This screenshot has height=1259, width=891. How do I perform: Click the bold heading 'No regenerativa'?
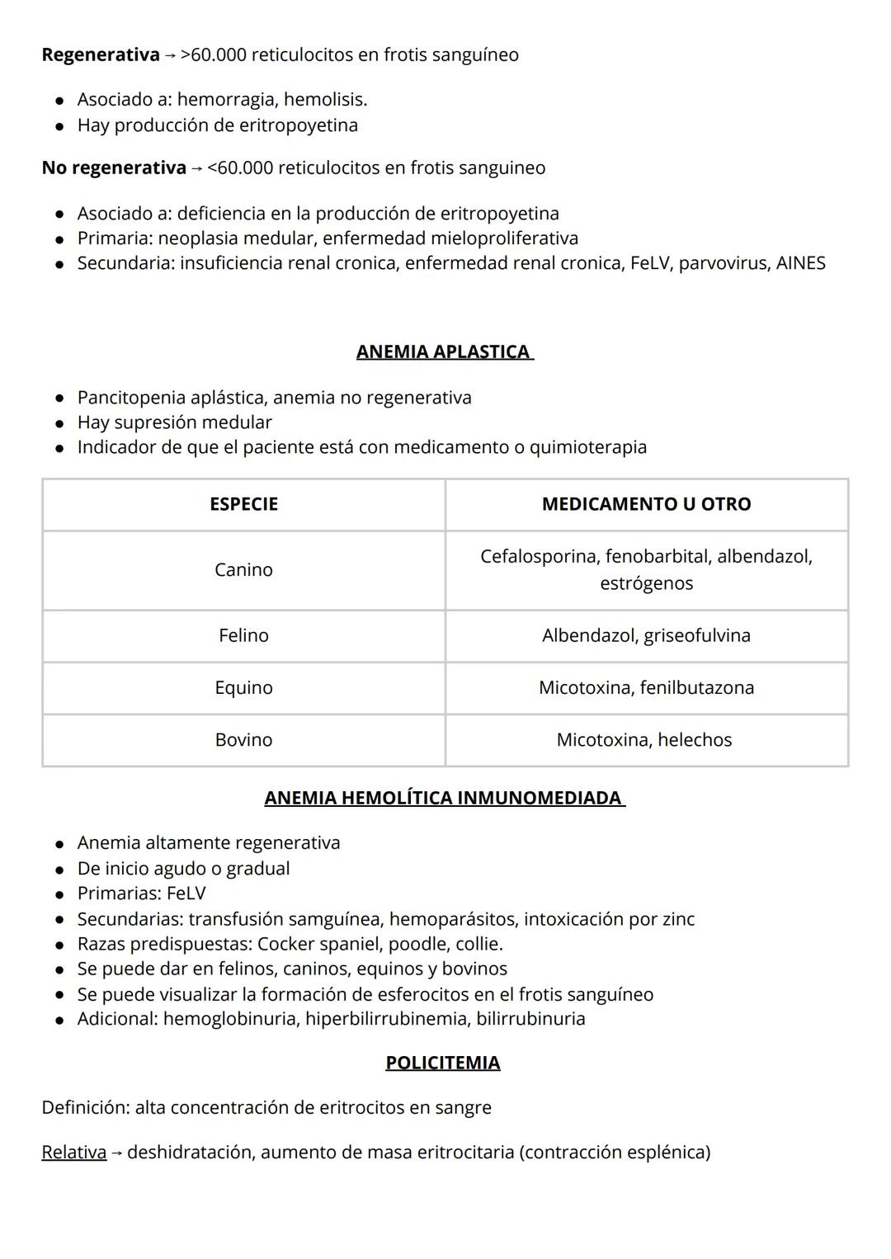(x=114, y=167)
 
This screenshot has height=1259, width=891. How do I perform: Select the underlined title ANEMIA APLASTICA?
(x=444, y=351)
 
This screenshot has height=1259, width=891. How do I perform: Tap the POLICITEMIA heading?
(x=442, y=1062)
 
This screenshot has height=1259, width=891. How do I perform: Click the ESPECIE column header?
(x=243, y=504)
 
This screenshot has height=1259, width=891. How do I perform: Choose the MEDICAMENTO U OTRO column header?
(x=646, y=504)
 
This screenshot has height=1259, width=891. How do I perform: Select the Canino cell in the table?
(x=243, y=570)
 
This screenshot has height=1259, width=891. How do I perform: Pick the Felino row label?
(x=243, y=635)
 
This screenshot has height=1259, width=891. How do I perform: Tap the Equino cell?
(x=243, y=687)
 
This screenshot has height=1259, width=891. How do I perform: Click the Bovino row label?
(x=243, y=739)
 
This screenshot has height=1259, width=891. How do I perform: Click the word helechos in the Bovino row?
(x=695, y=739)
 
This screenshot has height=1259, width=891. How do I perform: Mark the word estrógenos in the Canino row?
(x=646, y=583)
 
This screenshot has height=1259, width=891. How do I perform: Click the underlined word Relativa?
(x=73, y=1152)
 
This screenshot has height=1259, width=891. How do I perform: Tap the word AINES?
(x=800, y=263)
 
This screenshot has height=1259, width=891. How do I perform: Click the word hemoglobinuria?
(x=230, y=1019)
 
